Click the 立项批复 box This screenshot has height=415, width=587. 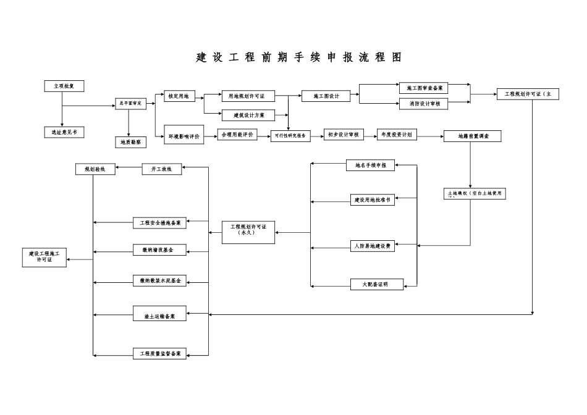[x=64, y=86]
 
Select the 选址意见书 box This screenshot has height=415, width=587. [x=64, y=132]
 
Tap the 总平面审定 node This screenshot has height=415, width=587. [x=131, y=104]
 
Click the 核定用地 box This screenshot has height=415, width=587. [x=178, y=96]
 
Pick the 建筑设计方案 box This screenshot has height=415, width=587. [x=248, y=115]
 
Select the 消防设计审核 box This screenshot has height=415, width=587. [x=423, y=104]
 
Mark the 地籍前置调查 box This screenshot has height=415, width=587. [x=472, y=136]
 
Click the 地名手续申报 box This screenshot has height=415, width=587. [x=370, y=165]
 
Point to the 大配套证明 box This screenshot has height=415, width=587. [x=377, y=285]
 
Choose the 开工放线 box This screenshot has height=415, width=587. [x=162, y=169]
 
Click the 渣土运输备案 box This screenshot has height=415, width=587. [x=159, y=316]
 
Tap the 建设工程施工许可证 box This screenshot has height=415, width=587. [x=44, y=257]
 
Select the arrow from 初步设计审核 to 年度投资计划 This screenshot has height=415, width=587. [x=370, y=135]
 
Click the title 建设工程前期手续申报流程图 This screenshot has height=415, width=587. [x=298, y=57]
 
